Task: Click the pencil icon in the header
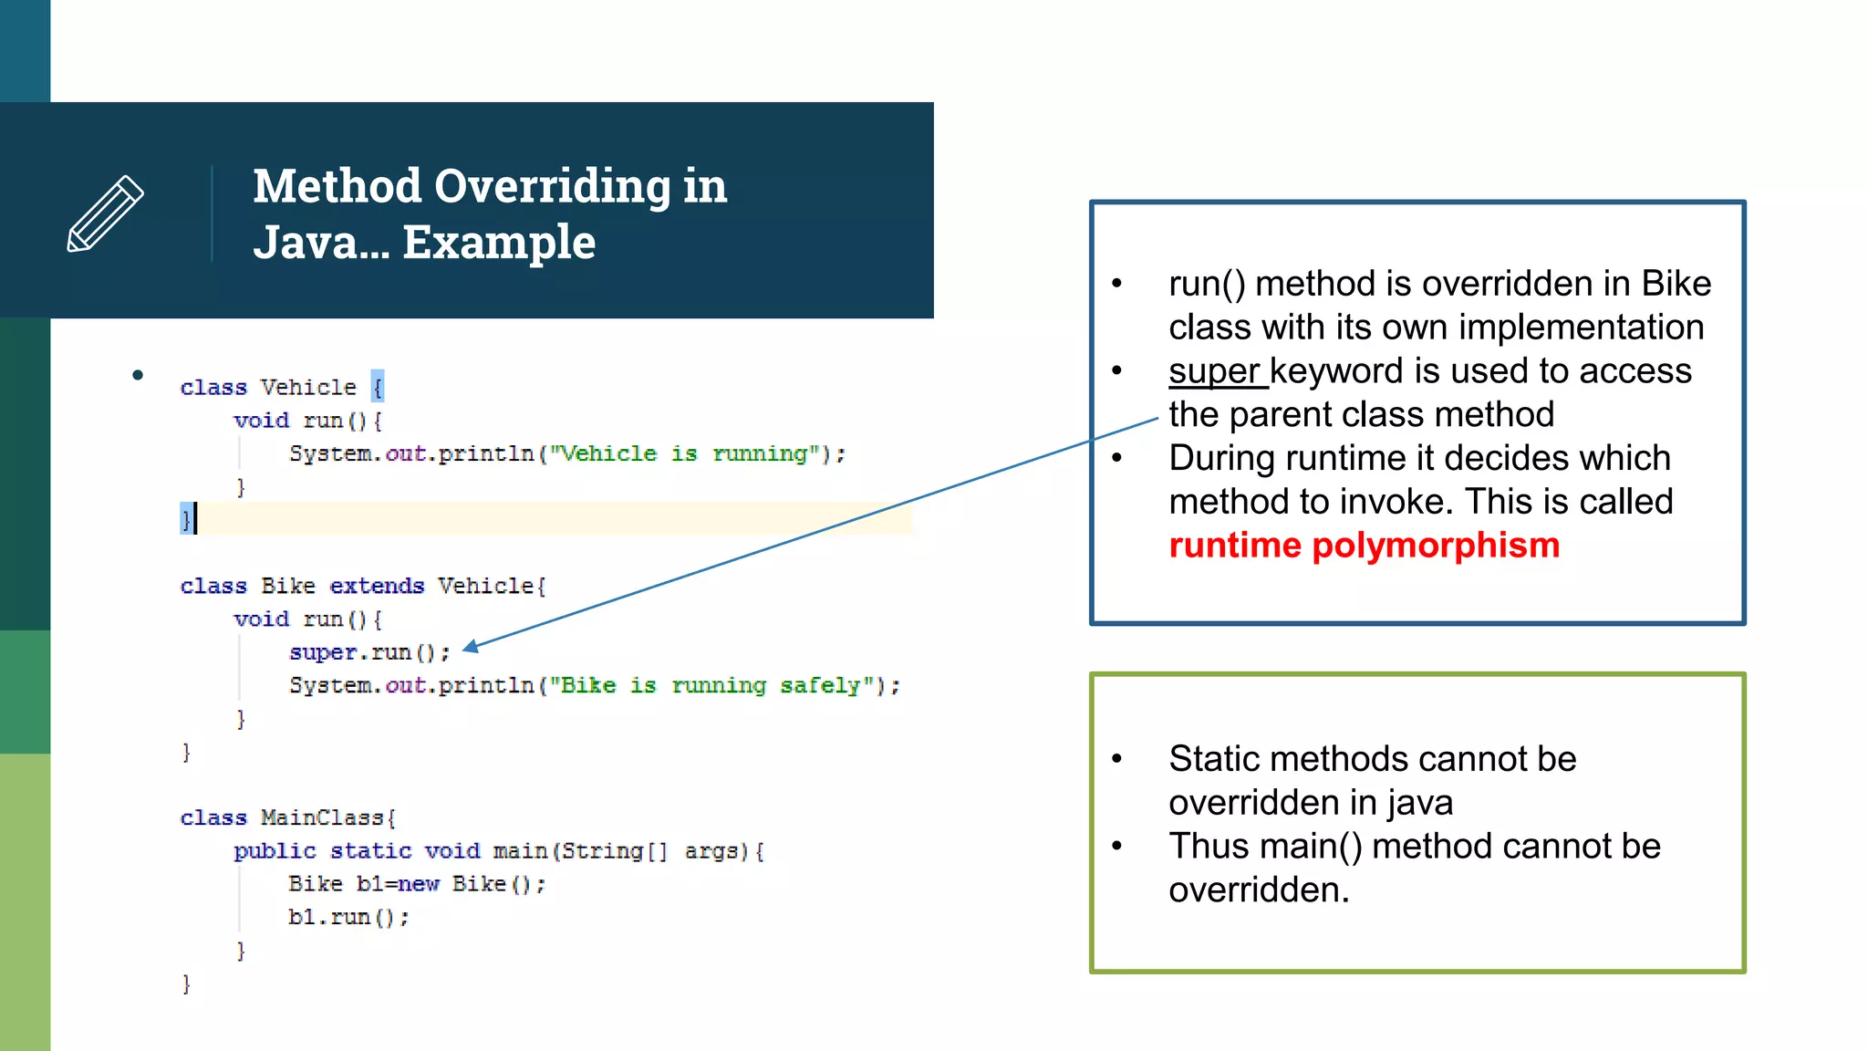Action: point(105,213)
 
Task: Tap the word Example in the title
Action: point(499,243)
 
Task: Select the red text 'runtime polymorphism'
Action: point(1364,546)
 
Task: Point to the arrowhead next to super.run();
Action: point(469,648)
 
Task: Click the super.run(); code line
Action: point(369,652)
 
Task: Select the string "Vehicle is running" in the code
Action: point(684,453)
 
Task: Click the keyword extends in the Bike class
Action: point(377,586)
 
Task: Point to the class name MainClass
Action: point(321,817)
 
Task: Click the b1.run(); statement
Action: point(348,917)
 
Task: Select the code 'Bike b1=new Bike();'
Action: point(416,884)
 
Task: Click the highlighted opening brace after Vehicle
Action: point(378,387)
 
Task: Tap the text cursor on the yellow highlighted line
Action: point(195,518)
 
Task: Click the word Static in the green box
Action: point(1214,759)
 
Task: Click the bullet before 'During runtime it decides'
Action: point(1116,458)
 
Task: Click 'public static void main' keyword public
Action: point(275,851)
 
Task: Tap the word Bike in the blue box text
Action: point(1676,284)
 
